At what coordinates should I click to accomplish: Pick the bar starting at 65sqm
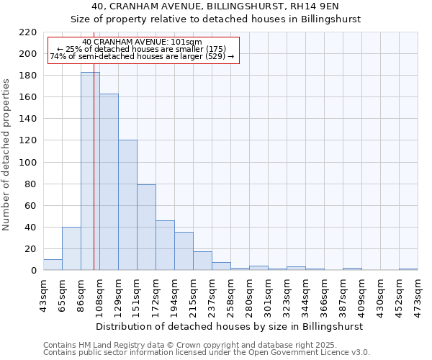point(71,248)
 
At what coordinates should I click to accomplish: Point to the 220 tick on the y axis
point(29,32)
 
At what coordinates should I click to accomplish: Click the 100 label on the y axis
point(29,163)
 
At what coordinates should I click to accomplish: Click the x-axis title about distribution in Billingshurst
point(229,326)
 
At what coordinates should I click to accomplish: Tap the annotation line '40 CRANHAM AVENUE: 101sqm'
point(143,42)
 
